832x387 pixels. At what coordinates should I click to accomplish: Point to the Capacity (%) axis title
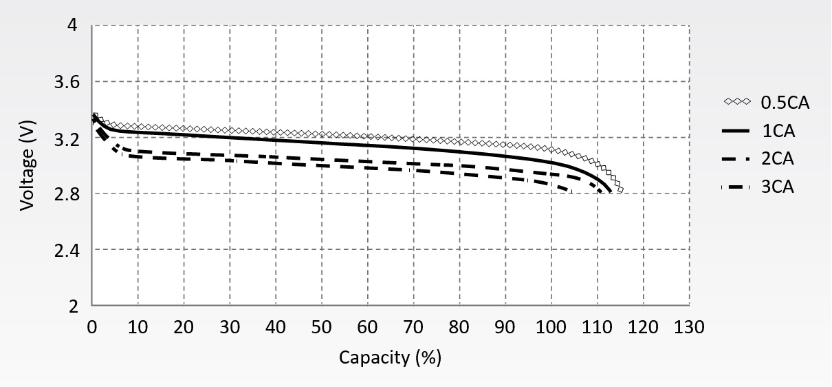[390, 358]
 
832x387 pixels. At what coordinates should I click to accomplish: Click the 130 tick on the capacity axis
[689, 327]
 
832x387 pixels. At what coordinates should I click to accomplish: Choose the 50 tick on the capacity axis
[322, 327]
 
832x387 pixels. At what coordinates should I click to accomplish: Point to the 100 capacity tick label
[551, 327]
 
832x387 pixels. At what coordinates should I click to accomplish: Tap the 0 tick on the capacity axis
[93, 327]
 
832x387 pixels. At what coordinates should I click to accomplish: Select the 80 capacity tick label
[459, 327]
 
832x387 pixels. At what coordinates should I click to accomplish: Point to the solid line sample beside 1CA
[736, 131]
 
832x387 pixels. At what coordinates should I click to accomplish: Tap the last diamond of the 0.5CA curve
[620, 189]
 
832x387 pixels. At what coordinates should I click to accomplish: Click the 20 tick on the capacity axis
[184, 327]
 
